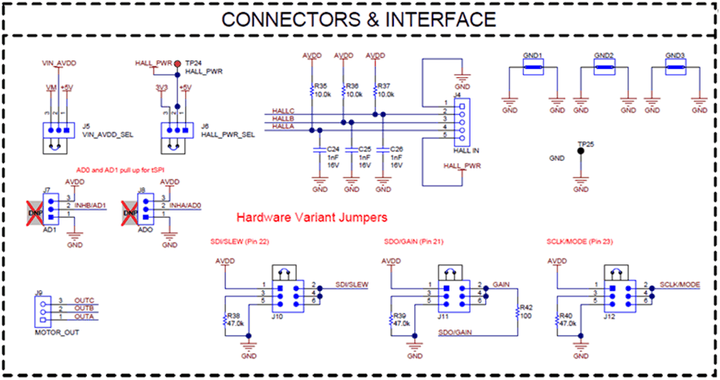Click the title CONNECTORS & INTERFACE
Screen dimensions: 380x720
[x=359, y=18]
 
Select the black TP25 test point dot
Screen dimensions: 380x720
[x=581, y=160]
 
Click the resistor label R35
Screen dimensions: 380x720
[x=321, y=85]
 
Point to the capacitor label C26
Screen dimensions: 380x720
[x=396, y=149]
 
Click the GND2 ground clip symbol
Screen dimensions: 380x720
[x=604, y=70]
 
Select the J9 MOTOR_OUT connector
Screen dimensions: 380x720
[x=39, y=312]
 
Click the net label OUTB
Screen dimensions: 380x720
[x=84, y=308]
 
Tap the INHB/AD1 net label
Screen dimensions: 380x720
[x=89, y=206]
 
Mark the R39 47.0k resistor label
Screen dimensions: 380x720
[x=401, y=319]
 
